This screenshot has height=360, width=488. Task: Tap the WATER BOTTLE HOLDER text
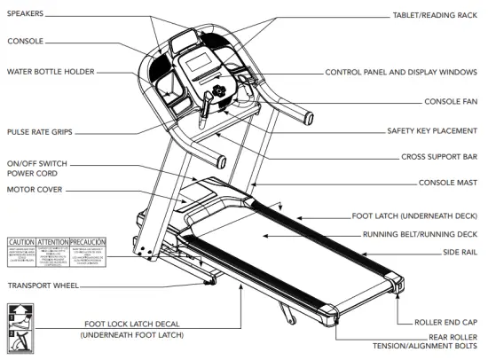50,72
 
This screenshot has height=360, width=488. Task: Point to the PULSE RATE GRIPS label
40,131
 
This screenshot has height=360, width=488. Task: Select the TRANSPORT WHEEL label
42,286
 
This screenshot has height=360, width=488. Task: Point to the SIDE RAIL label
463,253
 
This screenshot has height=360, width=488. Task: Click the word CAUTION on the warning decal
21,241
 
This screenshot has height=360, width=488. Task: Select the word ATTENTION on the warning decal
53,241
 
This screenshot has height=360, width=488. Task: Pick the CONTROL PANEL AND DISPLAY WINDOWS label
403,72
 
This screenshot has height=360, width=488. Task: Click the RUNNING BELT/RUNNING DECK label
421,235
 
